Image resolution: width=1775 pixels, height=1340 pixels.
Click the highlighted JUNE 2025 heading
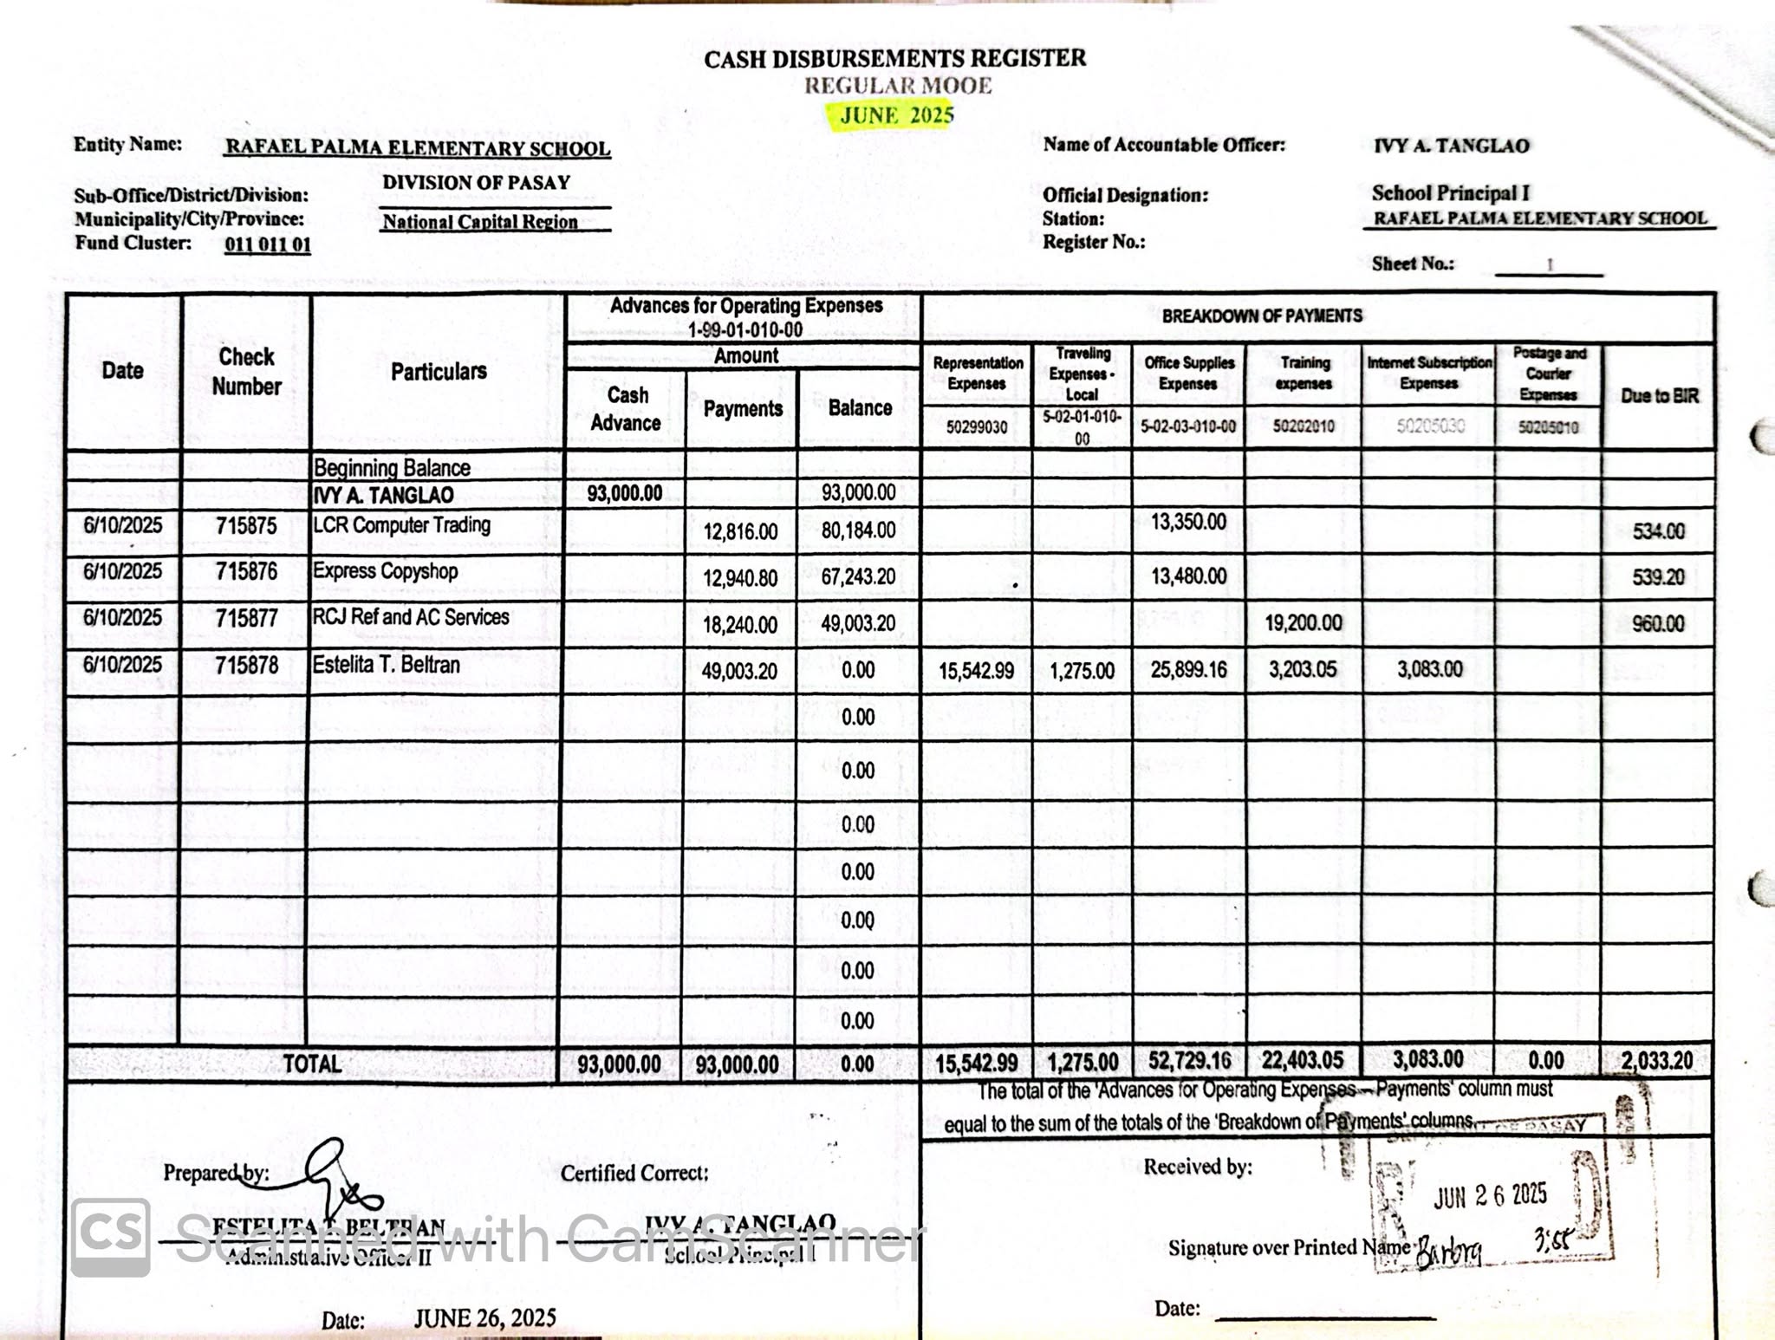897,115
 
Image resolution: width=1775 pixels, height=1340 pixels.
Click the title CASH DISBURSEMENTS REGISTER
894,59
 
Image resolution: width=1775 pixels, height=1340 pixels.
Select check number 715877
247,618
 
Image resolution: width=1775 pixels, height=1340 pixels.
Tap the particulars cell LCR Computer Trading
401,525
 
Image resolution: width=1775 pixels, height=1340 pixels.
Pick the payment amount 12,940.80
739,578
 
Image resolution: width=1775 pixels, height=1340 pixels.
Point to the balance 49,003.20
858,624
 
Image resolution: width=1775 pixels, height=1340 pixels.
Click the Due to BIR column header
1659,396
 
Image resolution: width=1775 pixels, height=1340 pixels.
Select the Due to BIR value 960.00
1658,624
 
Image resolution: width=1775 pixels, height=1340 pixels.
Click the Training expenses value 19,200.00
1303,623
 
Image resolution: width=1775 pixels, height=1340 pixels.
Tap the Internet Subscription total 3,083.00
1427,1059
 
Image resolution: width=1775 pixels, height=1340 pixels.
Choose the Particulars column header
439,372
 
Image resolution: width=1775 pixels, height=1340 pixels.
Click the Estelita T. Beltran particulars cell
387,666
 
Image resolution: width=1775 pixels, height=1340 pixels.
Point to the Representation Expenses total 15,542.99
976,1063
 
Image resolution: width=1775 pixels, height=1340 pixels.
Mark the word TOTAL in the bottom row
312,1064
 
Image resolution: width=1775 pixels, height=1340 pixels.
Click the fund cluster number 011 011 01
267,244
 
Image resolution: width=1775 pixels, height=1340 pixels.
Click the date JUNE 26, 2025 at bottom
484,1318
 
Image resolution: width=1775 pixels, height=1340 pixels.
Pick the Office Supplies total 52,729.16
1188,1061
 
